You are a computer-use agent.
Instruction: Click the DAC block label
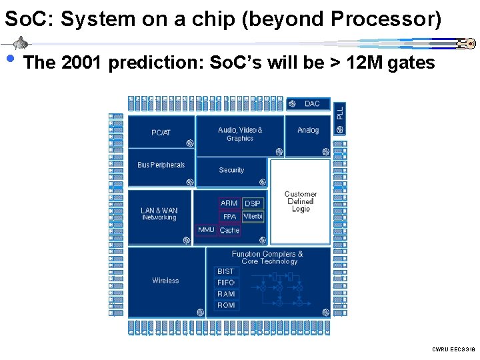tap(312, 103)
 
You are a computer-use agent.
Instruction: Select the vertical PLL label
tap(340, 112)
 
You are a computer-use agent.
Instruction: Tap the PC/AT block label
tap(161, 132)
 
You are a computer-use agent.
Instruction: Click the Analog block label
tap(308, 130)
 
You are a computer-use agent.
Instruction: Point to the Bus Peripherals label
tap(161, 165)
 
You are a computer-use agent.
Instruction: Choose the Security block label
tap(231, 170)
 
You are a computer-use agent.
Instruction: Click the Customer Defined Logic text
tap(301, 201)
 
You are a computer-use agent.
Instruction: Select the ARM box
tap(229, 203)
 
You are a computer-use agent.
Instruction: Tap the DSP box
tap(253, 203)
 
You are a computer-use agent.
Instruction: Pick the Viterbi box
tap(253, 216)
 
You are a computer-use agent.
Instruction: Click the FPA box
tap(229, 217)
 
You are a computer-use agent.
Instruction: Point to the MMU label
tap(207, 230)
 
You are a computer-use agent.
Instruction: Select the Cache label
tap(229, 231)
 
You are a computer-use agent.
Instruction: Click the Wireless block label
tap(165, 281)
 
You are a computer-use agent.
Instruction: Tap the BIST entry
tap(226, 271)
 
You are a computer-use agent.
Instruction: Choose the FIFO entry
tap(226, 283)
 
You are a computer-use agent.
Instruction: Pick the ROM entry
tap(226, 305)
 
